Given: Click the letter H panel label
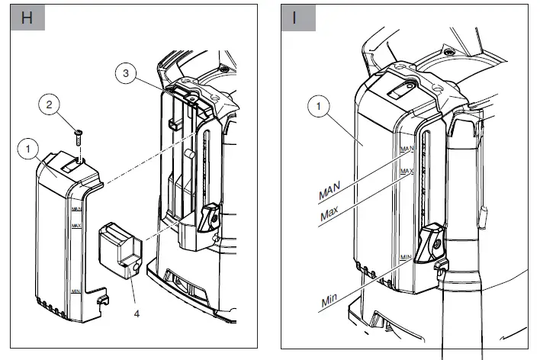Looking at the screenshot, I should point(26,18).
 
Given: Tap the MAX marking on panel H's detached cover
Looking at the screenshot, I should point(76,226).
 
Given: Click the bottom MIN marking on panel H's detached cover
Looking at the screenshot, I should point(76,291).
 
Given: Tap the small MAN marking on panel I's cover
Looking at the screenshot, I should point(406,150).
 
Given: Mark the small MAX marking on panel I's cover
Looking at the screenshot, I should point(406,171).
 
